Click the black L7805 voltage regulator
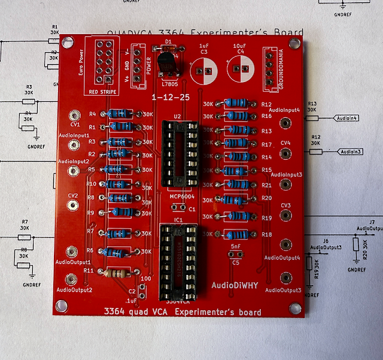pyautogui.click(x=167, y=60)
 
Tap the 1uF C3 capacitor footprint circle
pyautogui.click(x=203, y=71)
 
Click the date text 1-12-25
pyautogui.click(x=171, y=96)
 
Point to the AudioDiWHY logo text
pyautogui.click(x=234, y=285)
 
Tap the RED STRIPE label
pyautogui.click(x=103, y=92)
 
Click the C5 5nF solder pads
pyautogui.click(x=235, y=254)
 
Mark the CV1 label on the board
pyautogui.click(x=75, y=125)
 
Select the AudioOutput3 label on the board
pyautogui.click(x=284, y=290)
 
